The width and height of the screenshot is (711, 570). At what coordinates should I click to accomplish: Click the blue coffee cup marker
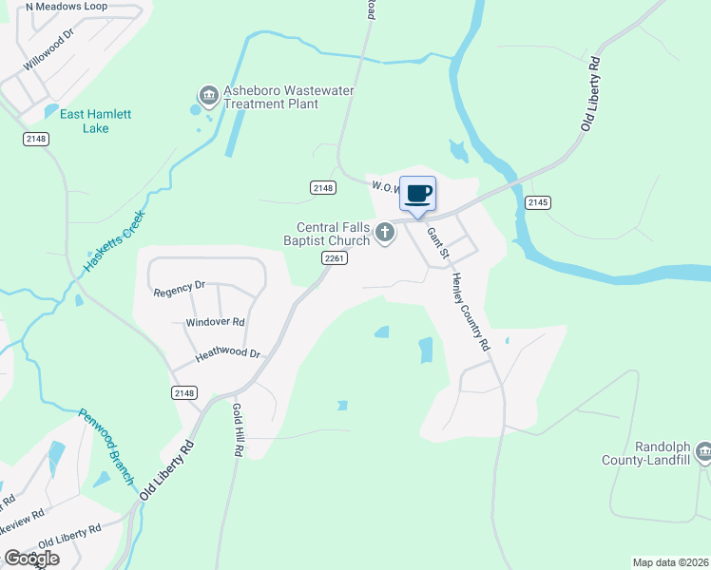pyautogui.click(x=417, y=194)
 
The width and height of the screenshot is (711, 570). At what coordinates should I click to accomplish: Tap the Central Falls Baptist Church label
pyautogui.click(x=333, y=234)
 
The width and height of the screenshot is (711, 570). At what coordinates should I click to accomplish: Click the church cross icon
pyautogui.click(x=385, y=232)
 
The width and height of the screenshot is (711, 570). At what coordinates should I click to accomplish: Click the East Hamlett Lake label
pyautogui.click(x=96, y=121)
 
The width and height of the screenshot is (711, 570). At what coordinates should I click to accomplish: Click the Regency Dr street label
pyautogui.click(x=180, y=288)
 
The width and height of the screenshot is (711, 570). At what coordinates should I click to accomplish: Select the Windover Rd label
pyautogui.click(x=215, y=323)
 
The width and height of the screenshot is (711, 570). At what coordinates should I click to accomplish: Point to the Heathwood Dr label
pyautogui.click(x=227, y=353)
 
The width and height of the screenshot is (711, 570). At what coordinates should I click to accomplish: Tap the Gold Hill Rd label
pyautogui.click(x=238, y=430)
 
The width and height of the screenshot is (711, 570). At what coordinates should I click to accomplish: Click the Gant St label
pyautogui.click(x=437, y=243)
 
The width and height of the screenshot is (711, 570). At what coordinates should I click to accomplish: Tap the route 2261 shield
pyautogui.click(x=333, y=258)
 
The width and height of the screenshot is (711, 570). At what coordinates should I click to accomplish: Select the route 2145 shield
pyautogui.click(x=538, y=201)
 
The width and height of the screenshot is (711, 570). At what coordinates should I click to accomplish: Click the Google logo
pyautogui.click(x=30, y=559)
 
